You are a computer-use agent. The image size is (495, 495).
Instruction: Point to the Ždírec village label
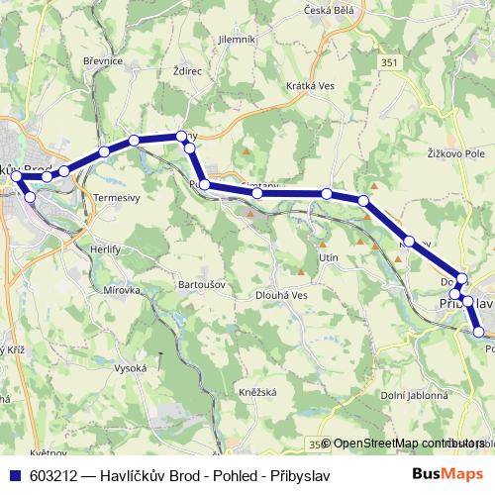point(187,72)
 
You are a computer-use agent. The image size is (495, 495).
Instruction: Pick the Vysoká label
point(130,368)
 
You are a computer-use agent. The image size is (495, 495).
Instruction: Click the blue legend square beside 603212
point(14,474)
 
